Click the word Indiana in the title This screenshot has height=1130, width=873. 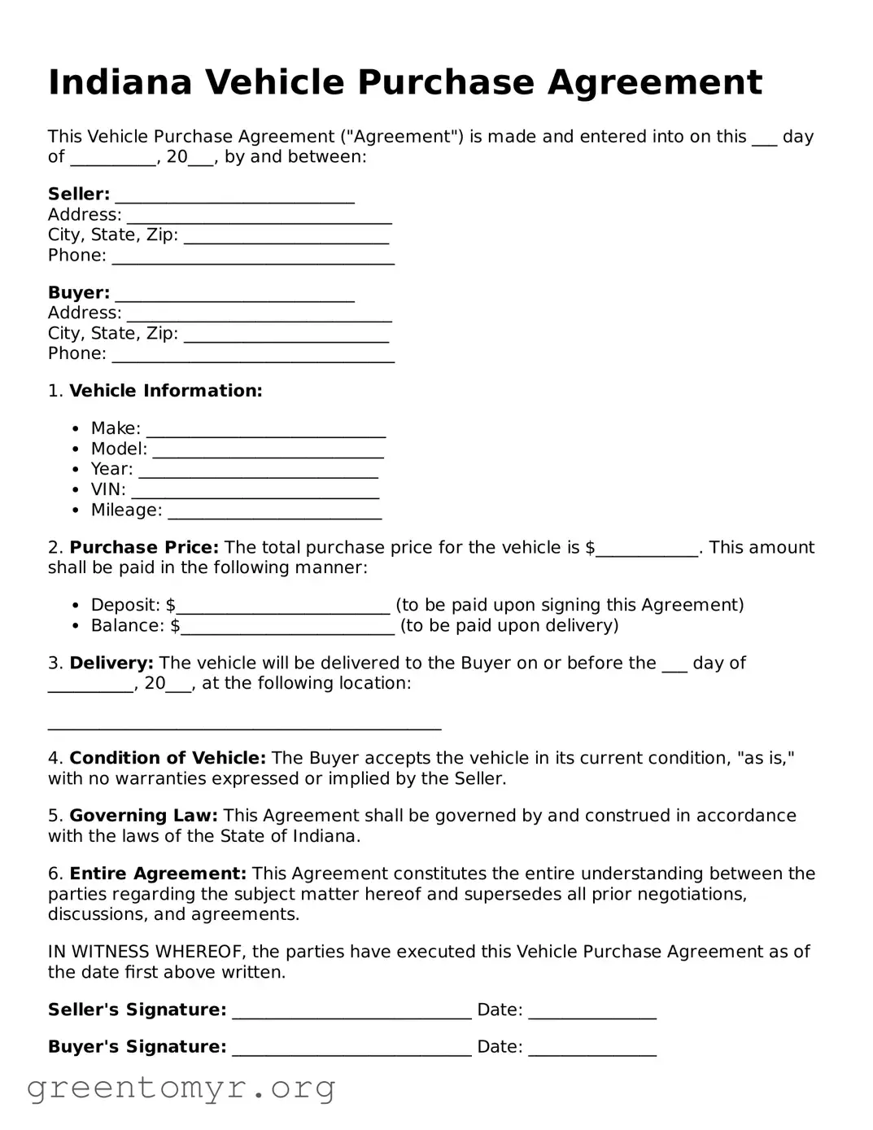120,83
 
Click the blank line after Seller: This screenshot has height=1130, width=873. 234,196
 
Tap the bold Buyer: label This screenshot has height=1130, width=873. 79,293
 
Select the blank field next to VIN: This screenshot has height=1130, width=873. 255,492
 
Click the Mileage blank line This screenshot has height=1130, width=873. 274,512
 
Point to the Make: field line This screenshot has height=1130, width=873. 265,430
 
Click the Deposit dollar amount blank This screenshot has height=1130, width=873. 283,607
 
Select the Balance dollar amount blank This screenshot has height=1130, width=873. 287,627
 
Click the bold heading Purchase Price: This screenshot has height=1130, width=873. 144,548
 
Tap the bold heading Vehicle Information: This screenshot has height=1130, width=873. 165,392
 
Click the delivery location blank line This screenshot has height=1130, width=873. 244,724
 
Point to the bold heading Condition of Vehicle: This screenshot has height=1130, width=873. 168,759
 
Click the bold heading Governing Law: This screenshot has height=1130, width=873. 143,817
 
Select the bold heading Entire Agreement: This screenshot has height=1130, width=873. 158,874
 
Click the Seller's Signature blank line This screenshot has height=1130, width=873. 351,1012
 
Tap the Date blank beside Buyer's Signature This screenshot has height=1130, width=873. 591,1049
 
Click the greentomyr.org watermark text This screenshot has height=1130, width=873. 181,1088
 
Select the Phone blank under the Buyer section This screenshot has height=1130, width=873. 253,356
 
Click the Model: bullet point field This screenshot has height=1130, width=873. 268,450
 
